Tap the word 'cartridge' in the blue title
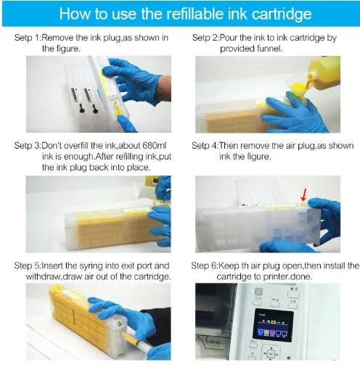[x=282, y=15]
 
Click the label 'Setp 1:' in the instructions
[x=28, y=38]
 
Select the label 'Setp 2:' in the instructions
[x=205, y=38]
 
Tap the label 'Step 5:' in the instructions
[x=28, y=265]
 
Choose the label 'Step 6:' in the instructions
[x=205, y=265]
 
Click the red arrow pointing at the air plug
[x=303, y=196]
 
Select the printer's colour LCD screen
[x=273, y=325]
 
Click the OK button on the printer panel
[x=271, y=354]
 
